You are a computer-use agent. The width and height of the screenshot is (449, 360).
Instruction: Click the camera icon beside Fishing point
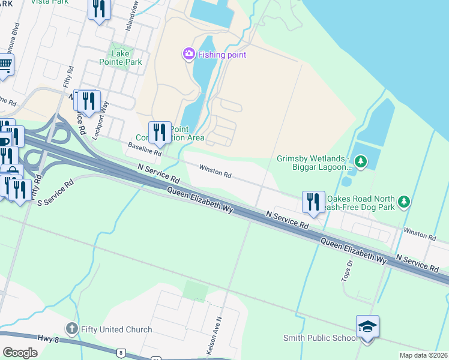tap(189, 55)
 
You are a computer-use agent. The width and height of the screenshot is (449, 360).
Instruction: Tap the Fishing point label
tap(222, 55)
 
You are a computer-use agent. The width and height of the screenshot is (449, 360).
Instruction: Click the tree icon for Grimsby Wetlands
tap(360, 161)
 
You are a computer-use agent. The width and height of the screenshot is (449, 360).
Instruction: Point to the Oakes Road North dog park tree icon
tap(405, 202)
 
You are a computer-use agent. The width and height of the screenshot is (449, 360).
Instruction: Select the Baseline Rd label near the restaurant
tap(145, 149)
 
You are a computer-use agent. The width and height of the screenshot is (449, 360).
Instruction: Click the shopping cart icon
tap(5, 64)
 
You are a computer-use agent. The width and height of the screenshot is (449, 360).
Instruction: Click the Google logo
tap(20, 353)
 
